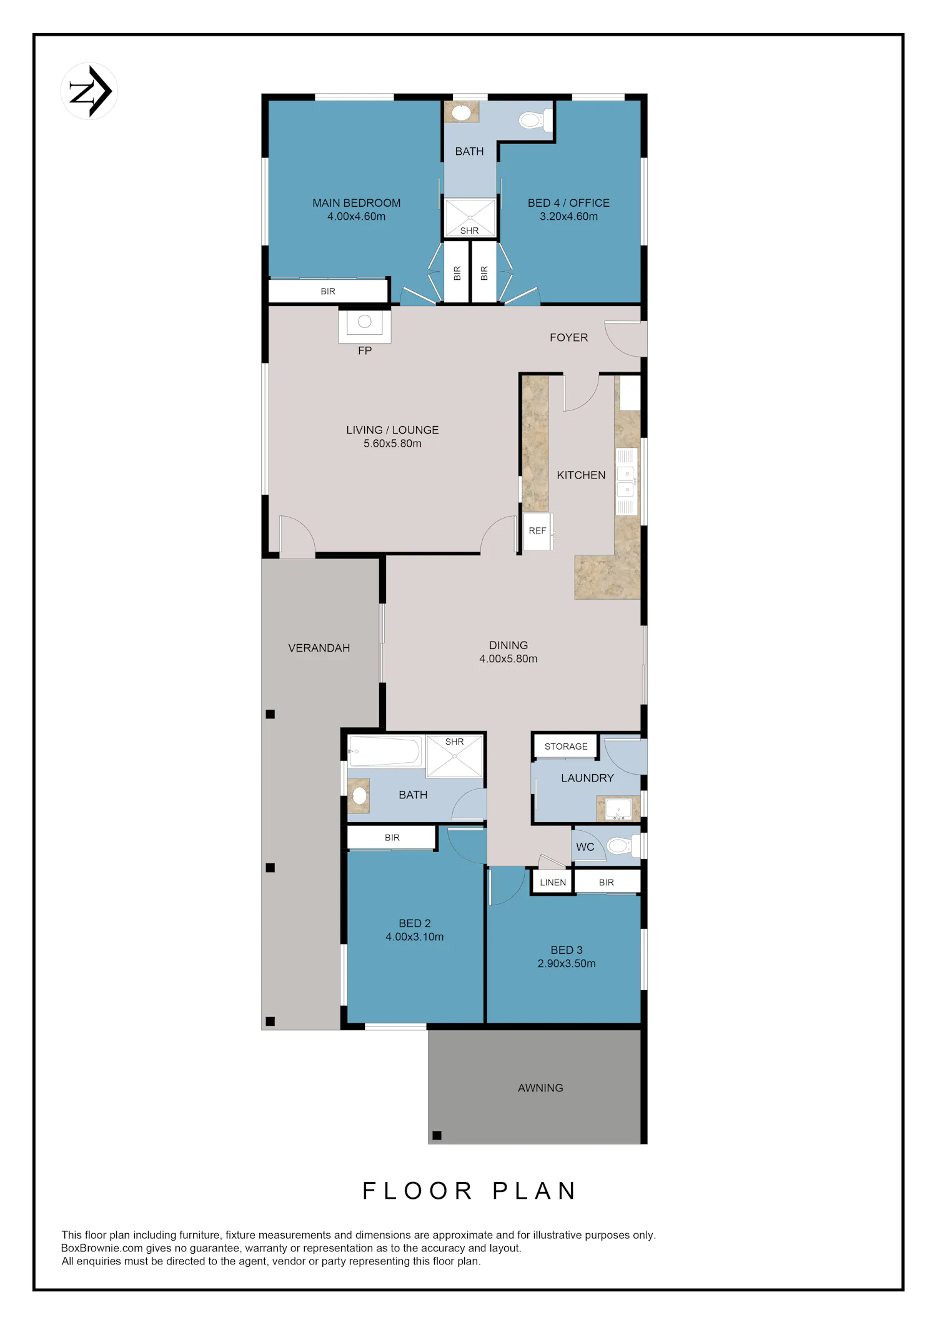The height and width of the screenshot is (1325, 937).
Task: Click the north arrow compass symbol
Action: tap(89, 91)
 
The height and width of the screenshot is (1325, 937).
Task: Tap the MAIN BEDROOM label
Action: tap(357, 203)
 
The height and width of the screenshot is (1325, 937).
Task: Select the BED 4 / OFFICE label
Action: tap(568, 203)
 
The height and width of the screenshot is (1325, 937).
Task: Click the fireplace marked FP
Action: tap(365, 325)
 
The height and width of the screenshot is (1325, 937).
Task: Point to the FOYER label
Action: tap(568, 337)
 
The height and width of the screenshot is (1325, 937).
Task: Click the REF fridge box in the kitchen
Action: tap(537, 531)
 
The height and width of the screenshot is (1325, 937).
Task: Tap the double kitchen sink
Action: tap(627, 481)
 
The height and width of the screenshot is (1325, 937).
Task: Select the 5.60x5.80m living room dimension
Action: tap(392, 444)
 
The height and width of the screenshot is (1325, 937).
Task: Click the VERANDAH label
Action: tap(319, 648)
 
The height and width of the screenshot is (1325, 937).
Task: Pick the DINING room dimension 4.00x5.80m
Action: tap(508, 658)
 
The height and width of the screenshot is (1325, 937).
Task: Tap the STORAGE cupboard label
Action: tap(566, 747)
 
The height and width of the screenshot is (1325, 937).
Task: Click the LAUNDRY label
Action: tap(587, 778)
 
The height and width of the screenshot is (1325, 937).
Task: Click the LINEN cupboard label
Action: tap(553, 882)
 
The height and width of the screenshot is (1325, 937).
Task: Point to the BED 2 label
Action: tap(415, 923)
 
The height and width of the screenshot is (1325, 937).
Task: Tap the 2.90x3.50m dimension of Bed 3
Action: tap(567, 963)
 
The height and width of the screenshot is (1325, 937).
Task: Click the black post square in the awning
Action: tap(437, 1136)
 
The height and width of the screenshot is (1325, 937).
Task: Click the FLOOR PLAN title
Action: tap(470, 1191)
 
